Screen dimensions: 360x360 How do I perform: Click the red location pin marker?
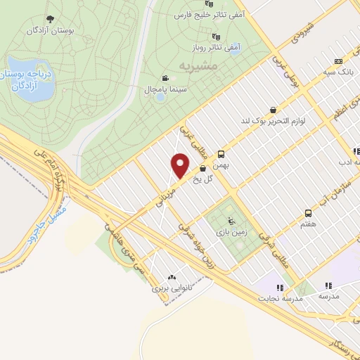[x=181, y=165]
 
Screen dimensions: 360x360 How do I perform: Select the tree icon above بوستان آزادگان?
[x=49, y=19]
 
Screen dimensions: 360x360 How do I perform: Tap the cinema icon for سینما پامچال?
[x=165, y=79]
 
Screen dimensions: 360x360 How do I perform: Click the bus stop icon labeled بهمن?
[x=221, y=154]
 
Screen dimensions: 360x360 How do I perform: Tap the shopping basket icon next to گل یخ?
[x=202, y=168]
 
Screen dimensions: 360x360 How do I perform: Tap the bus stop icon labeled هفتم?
[x=308, y=213]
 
